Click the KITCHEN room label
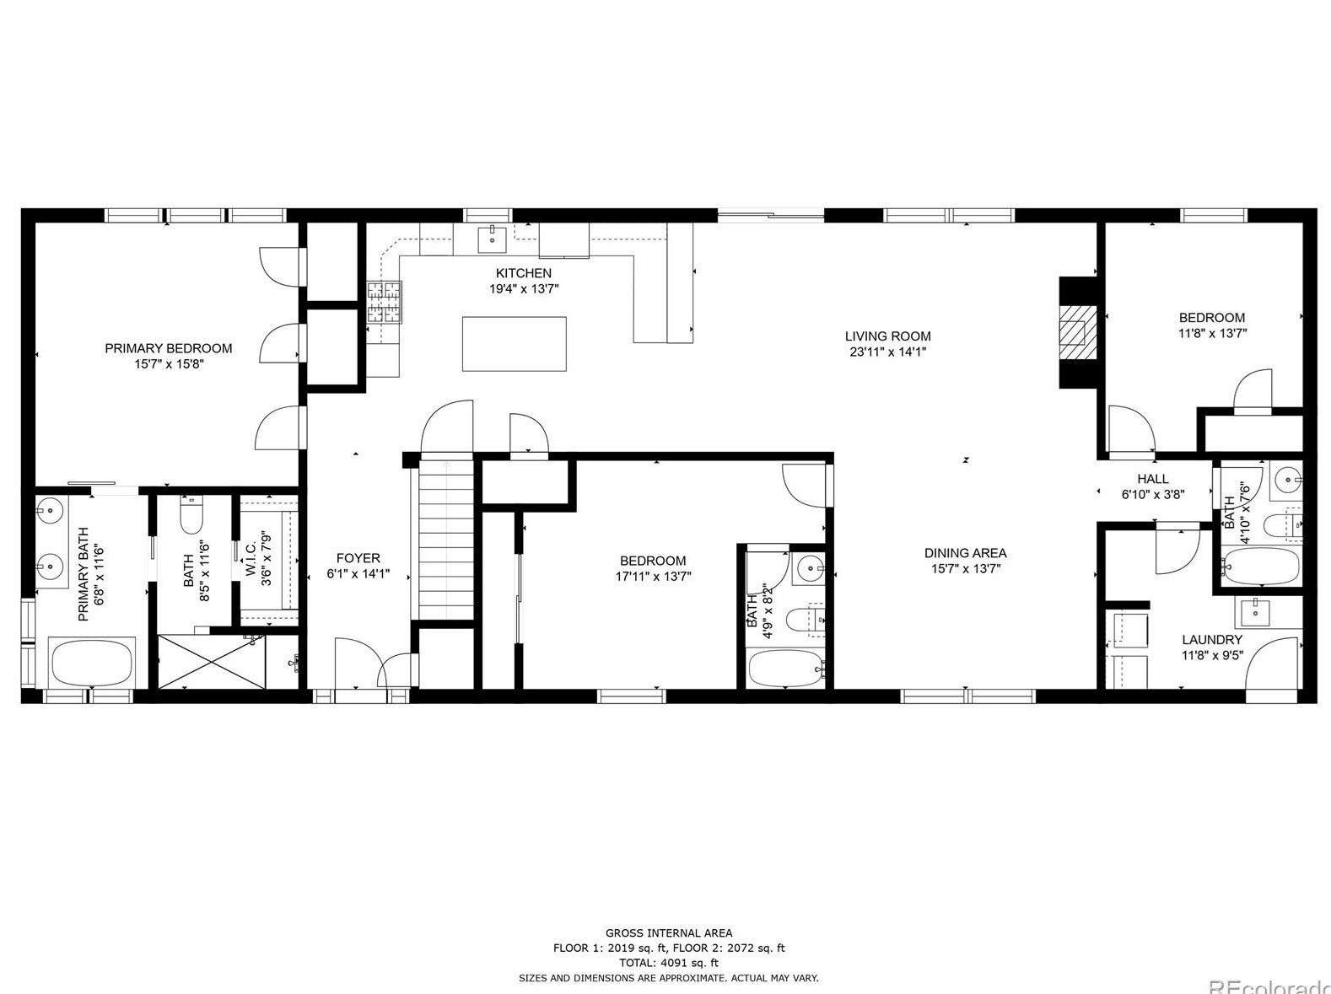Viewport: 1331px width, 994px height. point(524,273)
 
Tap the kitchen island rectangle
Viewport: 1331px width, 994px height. point(515,344)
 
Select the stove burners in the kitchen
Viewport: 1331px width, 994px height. point(385,302)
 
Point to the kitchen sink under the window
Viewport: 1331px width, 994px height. point(492,239)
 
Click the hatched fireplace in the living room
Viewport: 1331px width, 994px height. point(1078,333)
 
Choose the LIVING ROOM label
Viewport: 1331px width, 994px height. point(887,336)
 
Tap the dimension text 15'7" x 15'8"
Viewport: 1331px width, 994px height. point(170,364)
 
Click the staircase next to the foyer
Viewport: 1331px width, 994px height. point(446,540)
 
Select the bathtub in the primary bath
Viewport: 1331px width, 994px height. point(92,662)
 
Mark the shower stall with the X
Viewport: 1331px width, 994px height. point(212,661)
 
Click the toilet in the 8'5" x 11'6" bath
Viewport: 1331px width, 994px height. point(191,516)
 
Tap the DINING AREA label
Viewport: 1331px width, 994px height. point(965,553)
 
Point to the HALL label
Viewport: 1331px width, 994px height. point(1153,479)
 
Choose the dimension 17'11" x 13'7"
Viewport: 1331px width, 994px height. point(653,577)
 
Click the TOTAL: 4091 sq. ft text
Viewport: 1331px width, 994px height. point(669,963)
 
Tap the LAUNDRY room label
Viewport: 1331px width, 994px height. point(1212,640)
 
